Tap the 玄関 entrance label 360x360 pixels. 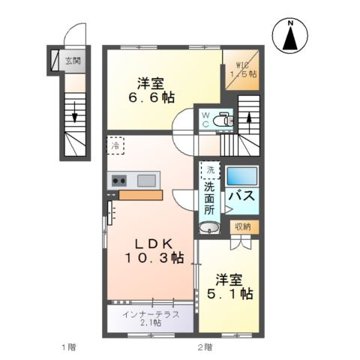click(x=73, y=61)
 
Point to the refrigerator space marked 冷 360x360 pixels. click(x=115, y=146)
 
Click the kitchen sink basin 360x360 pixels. click(x=147, y=179)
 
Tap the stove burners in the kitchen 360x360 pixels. click(x=118, y=179)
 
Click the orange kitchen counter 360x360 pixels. click(x=140, y=195)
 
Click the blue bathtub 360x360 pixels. click(x=242, y=177)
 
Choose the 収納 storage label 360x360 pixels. click(x=241, y=226)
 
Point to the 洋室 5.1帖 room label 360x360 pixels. click(x=230, y=286)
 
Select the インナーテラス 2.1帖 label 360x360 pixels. click(x=152, y=318)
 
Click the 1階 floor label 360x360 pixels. click(x=68, y=347)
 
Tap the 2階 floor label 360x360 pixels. click(x=205, y=347)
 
